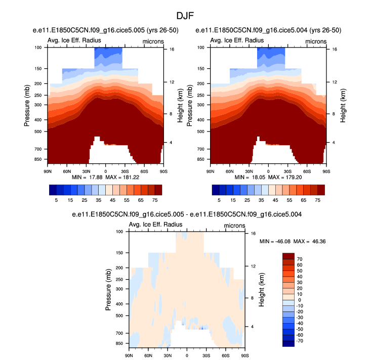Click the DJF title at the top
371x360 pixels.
[186, 16]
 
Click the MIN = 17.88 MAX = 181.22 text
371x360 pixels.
[105, 178]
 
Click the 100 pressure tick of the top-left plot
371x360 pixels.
[37, 48]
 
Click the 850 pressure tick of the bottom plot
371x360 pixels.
[119, 343]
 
